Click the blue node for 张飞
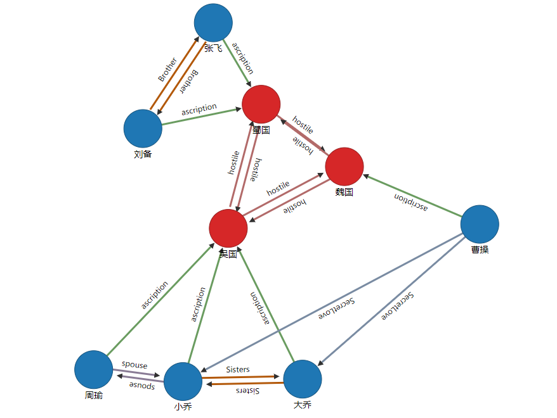click(x=213, y=23)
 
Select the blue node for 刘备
click(x=143, y=129)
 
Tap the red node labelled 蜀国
click(x=261, y=104)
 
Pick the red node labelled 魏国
click(x=344, y=167)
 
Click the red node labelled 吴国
click(x=228, y=228)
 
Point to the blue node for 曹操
click(x=480, y=224)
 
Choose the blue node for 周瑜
click(x=93, y=369)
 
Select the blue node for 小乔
click(x=183, y=381)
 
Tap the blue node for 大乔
click(x=302, y=379)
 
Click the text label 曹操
click(x=480, y=250)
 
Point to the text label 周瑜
click(x=93, y=396)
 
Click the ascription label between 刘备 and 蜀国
click(x=199, y=110)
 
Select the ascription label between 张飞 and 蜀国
click(x=243, y=58)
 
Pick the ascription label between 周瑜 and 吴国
click(x=155, y=295)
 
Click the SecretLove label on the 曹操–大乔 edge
click(x=398, y=307)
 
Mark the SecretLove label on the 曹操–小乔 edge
click(x=336, y=308)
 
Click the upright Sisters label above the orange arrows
click(x=238, y=369)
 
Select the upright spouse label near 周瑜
click(x=134, y=365)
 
